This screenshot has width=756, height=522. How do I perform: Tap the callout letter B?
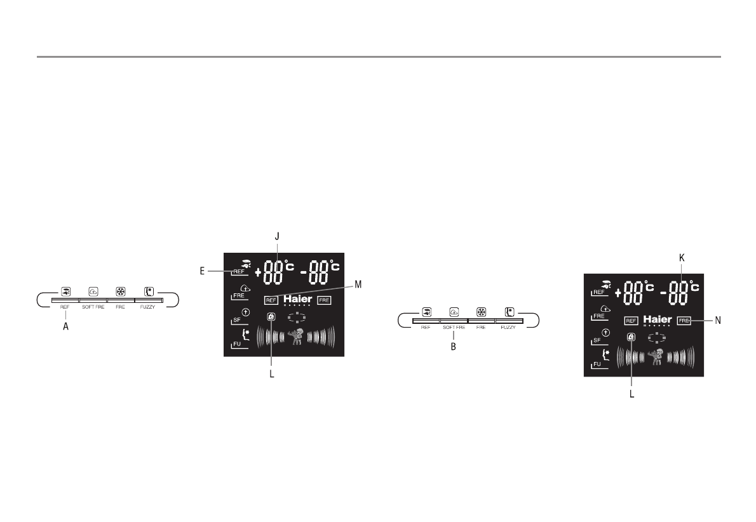[454, 347]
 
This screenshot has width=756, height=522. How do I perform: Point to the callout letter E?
[202, 271]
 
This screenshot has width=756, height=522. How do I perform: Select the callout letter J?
[277, 236]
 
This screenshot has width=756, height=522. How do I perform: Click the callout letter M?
[358, 284]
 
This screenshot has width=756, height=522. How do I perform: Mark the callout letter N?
[717, 321]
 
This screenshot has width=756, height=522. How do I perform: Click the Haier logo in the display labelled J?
[298, 299]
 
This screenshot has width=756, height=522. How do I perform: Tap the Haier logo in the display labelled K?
[658, 319]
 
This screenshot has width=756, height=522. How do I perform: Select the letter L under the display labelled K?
[632, 393]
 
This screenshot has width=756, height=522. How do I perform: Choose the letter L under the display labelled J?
[272, 374]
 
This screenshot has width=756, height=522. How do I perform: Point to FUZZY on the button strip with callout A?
[148, 307]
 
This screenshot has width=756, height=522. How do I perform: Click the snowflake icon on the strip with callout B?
[481, 312]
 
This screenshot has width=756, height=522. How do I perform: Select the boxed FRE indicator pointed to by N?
[684, 321]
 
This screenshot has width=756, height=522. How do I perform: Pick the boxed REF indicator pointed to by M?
[271, 300]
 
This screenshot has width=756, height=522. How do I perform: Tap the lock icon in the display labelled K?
[631, 338]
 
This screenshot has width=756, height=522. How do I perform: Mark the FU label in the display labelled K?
[597, 365]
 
